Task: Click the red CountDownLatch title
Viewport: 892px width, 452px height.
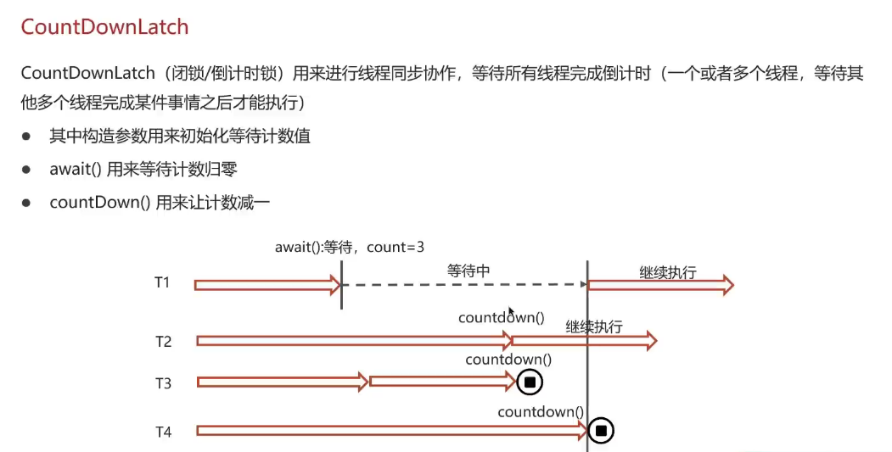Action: [x=104, y=26]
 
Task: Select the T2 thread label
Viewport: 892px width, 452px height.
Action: [x=163, y=342]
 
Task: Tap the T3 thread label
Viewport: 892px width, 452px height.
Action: [x=163, y=383]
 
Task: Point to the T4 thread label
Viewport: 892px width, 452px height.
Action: [x=163, y=432]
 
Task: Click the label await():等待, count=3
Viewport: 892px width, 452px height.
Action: [x=350, y=248]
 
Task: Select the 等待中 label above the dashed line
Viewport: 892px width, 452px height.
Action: [x=469, y=271]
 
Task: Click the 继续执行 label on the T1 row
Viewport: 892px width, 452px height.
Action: [x=668, y=272]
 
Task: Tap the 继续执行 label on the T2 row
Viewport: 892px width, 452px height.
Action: [x=594, y=326]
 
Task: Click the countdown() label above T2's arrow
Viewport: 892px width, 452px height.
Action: [x=501, y=318]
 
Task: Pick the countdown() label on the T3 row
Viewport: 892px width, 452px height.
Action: [x=508, y=360]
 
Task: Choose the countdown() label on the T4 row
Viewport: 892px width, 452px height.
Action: [x=541, y=412]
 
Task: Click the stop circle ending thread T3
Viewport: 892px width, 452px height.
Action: [x=530, y=382]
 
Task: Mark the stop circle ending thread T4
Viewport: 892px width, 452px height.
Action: [x=601, y=432]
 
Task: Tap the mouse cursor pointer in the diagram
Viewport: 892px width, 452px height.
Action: [x=510, y=311]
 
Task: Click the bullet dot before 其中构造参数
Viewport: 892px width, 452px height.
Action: [x=27, y=136]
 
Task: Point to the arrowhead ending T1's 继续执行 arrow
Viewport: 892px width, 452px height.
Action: [x=727, y=285]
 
